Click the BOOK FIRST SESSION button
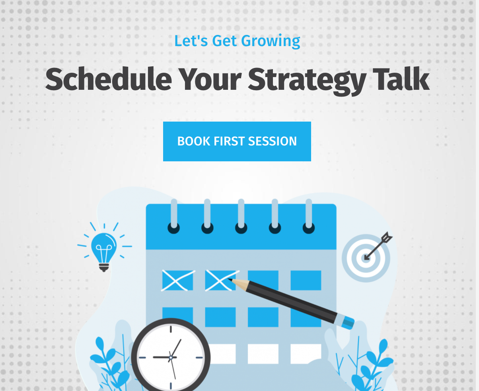237,141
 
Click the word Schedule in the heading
109,79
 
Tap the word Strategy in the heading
307,81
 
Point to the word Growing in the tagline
271,42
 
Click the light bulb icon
104,247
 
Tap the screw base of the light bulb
104,267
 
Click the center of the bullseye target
366,258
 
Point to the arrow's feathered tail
387,237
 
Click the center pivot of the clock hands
171,358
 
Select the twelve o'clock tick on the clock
171,329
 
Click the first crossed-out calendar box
177,280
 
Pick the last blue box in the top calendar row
306,280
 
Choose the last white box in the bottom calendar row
306,354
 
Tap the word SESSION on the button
272,141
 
